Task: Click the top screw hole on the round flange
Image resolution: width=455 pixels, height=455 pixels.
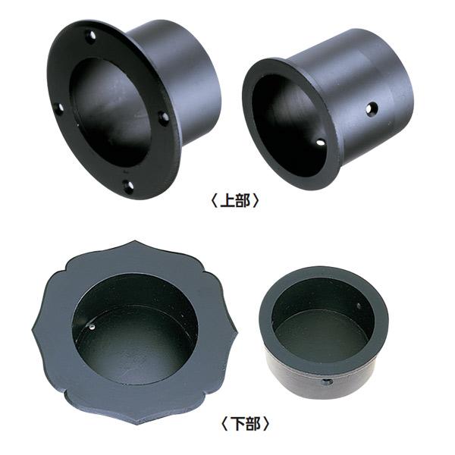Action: coord(91,36)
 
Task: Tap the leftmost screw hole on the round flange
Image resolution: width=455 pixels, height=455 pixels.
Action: coord(60,108)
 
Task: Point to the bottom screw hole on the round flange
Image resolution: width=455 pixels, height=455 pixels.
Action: coord(129,186)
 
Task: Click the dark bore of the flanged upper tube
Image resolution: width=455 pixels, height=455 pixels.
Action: coord(110,114)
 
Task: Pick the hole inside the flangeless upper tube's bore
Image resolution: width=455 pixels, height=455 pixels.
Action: coord(321,143)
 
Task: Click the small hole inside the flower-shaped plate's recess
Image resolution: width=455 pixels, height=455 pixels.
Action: coord(93,328)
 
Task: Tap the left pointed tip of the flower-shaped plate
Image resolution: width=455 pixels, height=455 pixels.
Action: coord(32,331)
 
